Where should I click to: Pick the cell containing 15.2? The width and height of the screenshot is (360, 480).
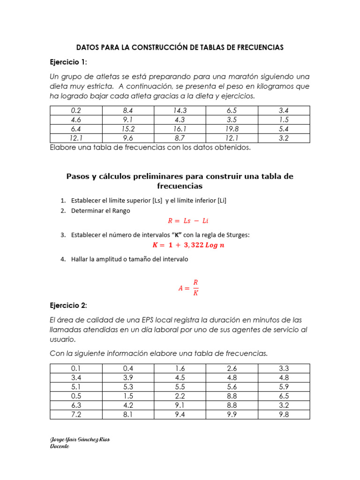coord(128,129)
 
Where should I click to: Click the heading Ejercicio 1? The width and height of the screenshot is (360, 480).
coord(68,62)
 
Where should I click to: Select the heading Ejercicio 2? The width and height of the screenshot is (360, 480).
coord(68,305)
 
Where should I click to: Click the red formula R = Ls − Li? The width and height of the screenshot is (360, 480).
coord(187,221)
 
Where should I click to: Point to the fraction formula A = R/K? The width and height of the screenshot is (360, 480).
coord(188,288)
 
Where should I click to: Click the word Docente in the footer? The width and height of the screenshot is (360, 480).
coord(60,446)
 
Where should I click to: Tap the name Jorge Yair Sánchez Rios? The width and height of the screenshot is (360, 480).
coord(80,439)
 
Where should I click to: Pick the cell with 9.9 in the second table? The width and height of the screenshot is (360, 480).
coord(232,414)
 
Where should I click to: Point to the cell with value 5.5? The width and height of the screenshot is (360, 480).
coord(180,387)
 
